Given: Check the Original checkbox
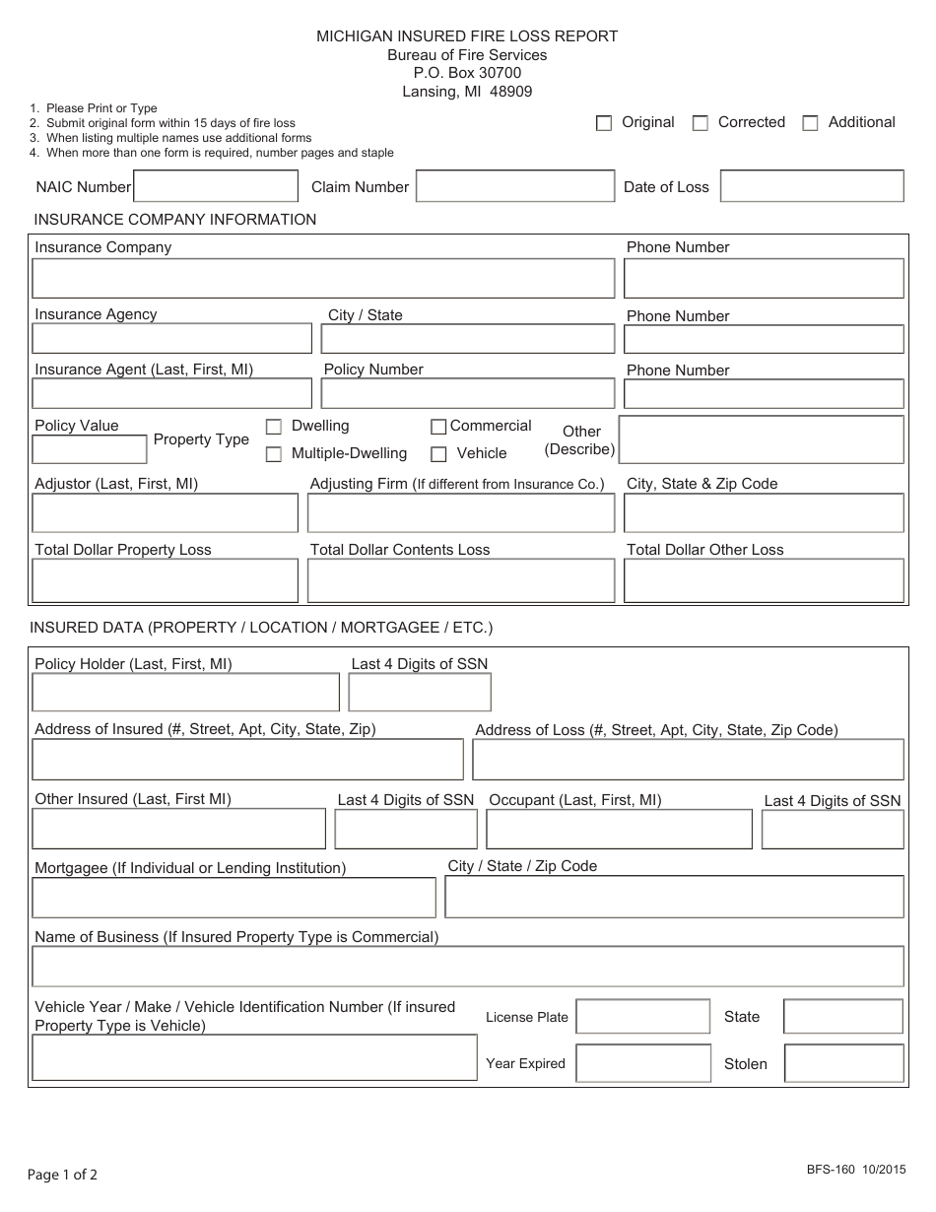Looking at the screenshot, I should pyautogui.click(x=604, y=123).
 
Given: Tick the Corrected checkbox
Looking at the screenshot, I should pyautogui.click(x=701, y=123).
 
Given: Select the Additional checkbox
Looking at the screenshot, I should pyautogui.click(x=811, y=123).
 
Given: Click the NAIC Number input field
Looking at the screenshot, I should pyautogui.click(x=215, y=186).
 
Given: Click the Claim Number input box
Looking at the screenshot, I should pyautogui.click(x=514, y=186).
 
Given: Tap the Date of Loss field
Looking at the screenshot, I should pyautogui.click(x=812, y=186).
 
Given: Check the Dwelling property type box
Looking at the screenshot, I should pyautogui.click(x=274, y=427).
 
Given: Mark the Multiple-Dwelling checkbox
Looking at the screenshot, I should pyautogui.click(x=274, y=454).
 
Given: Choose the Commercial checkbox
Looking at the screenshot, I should pyautogui.click(x=438, y=427).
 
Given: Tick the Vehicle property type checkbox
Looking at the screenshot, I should pyautogui.click(x=438, y=454).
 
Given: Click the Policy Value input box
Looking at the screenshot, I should pyautogui.click(x=90, y=449).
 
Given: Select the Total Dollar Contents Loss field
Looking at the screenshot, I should pyautogui.click(x=461, y=580).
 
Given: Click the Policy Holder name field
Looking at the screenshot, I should pyautogui.click(x=185, y=692).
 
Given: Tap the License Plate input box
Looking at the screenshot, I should pyautogui.click(x=642, y=1017).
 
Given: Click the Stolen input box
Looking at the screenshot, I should pyautogui.click(x=843, y=1063).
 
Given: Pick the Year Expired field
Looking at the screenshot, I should pyautogui.click(x=642, y=1063).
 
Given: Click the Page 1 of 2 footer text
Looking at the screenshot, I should pyautogui.click(x=62, y=1175).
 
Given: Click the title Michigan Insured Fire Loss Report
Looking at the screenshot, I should pyautogui.click(x=467, y=36).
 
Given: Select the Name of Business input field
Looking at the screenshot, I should pyautogui.click(x=467, y=967).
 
